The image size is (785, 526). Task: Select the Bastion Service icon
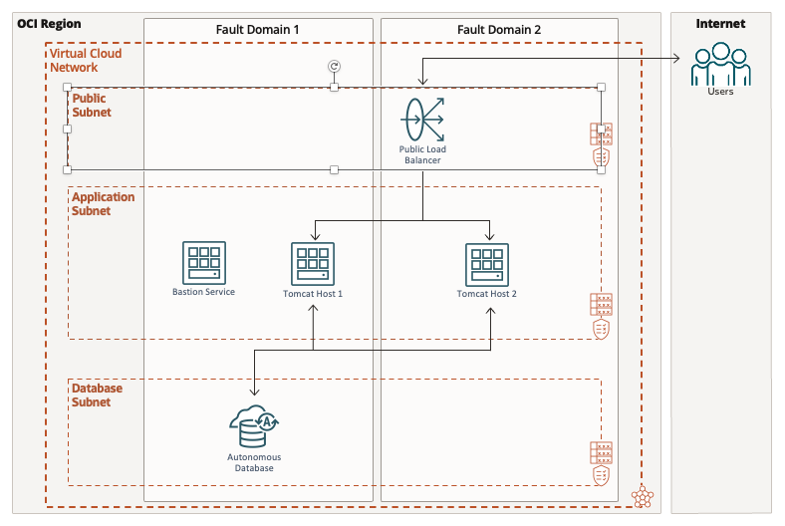tap(203, 263)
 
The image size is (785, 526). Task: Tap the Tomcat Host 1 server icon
tap(313, 264)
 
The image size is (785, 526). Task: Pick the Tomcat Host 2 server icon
tap(487, 264)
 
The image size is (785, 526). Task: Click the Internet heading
tap(719, 24)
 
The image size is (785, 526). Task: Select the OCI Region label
tap(49, 23)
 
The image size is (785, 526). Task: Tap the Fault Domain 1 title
tap(258, 30)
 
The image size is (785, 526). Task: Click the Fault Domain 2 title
tap(498, 30)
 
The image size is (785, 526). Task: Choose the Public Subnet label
tap(91, 106)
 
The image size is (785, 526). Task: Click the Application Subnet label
tap(103, 204)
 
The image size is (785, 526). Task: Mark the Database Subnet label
tap(97, 395)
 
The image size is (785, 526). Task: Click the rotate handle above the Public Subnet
tap(334, 66)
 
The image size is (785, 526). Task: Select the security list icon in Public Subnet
tap(601, 145)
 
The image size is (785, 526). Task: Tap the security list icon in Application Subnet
tap(601, 316)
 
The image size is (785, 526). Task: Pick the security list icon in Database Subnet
tap(601, 464)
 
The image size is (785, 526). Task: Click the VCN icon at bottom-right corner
tap(644, 495)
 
